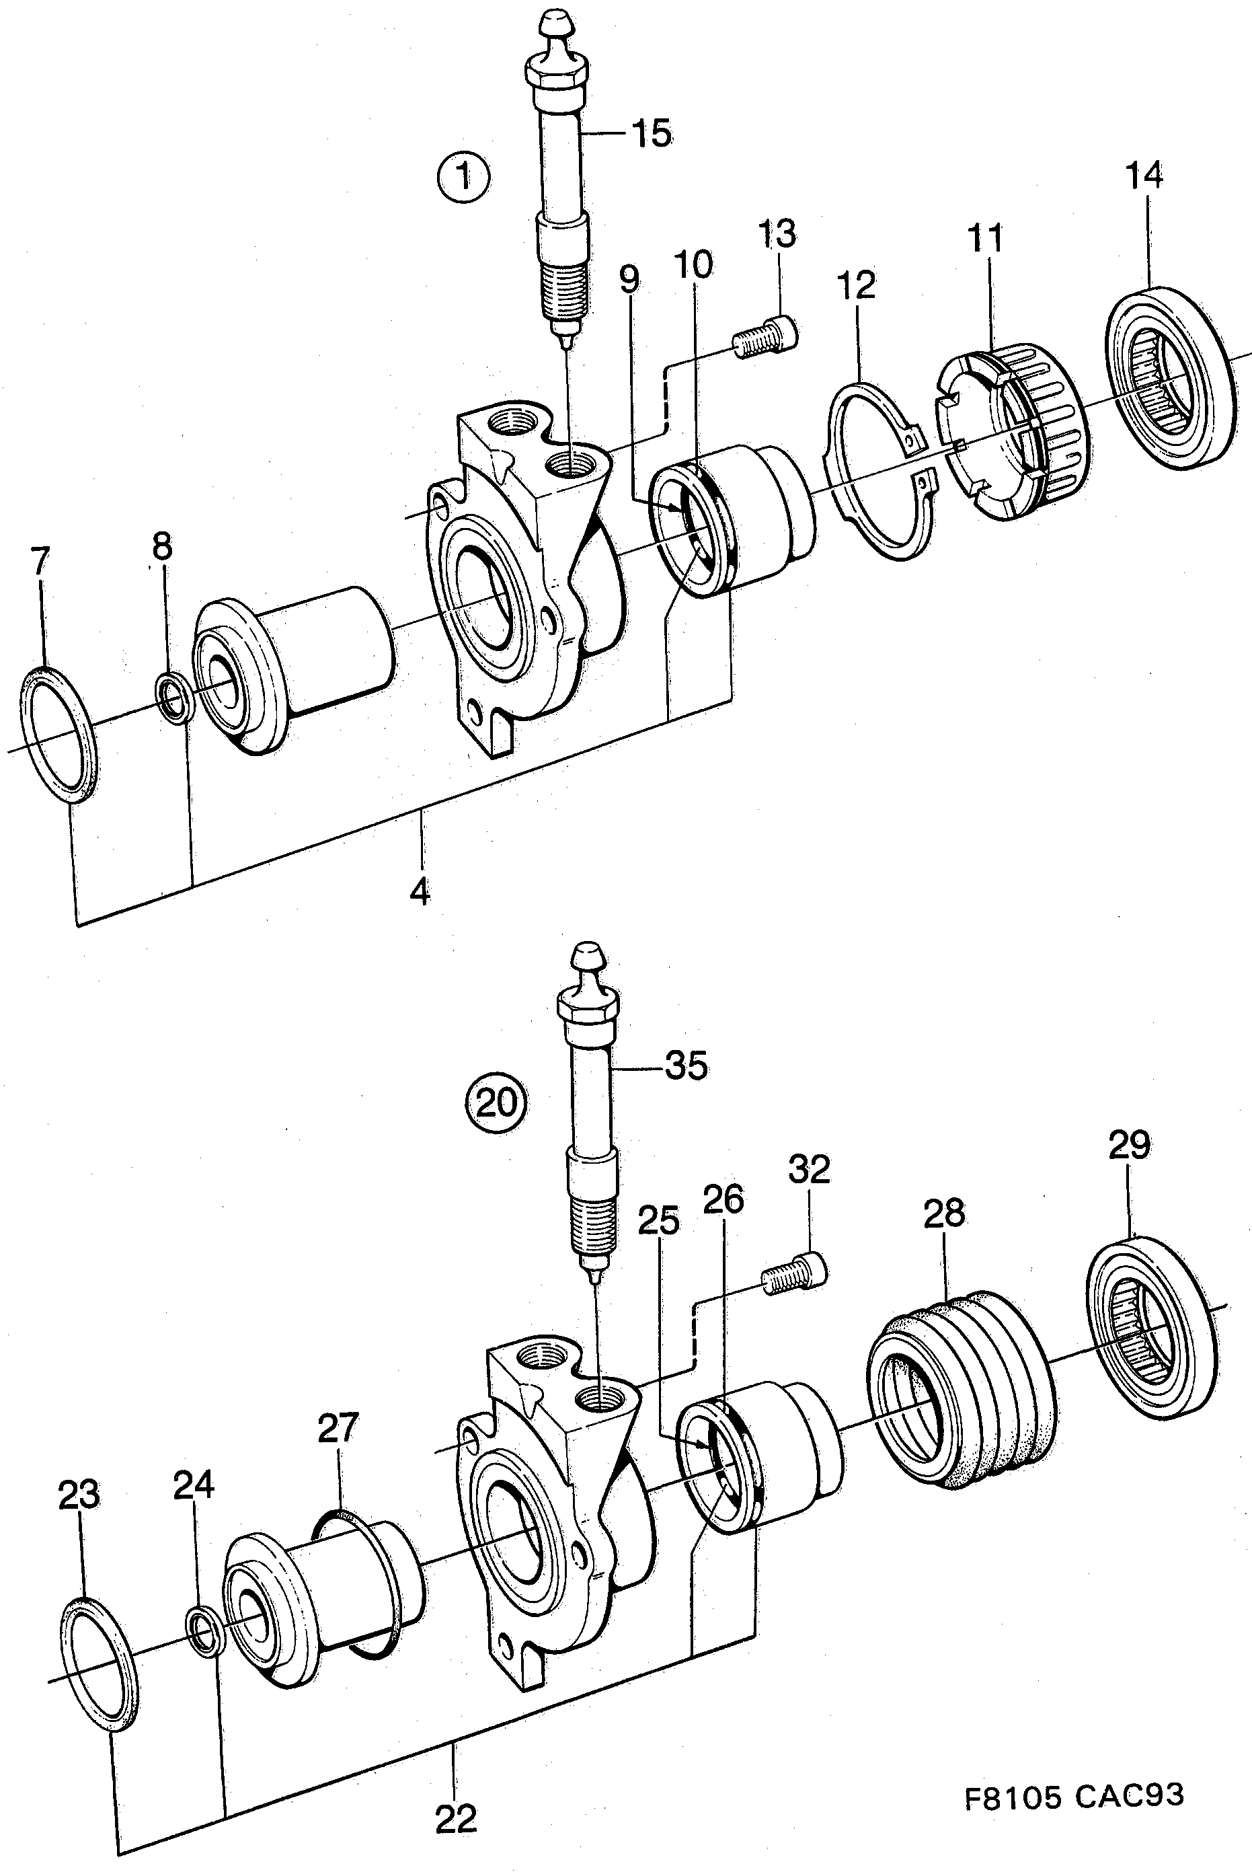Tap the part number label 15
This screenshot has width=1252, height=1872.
tap(652, 134)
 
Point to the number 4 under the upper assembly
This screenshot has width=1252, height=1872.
tap(420, 891)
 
